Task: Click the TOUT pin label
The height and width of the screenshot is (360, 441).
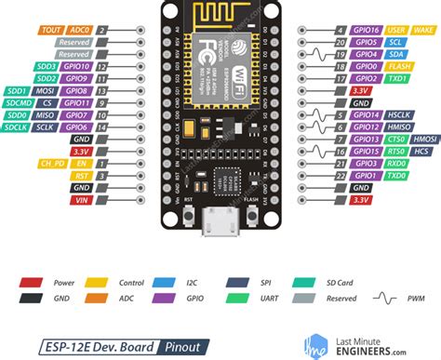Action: pyautogui.click(x=51, y=29)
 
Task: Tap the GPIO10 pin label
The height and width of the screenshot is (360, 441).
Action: pyautogui.click(x=77, y=68)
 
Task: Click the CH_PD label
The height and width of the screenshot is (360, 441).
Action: pyautogui.click(x=50, y=163)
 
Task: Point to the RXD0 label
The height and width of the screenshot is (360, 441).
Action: pyautogui.click(x=369, y=163)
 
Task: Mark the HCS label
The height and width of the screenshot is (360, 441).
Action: pyautogui.click(x=395, y=151)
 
